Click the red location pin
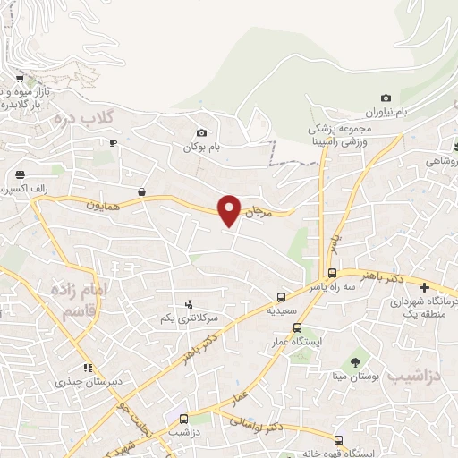click(230, 209)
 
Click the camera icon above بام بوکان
click(201, 132)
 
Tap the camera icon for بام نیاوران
click(386, 98)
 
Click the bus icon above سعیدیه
click(282, 296)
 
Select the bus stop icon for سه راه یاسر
click(332, 273)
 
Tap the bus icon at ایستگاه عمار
click(298, 327)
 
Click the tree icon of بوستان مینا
click(356, 362)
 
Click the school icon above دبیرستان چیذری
click(88, 368)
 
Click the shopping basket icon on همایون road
click(141, 191)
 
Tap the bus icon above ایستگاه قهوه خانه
click(338, 439)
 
